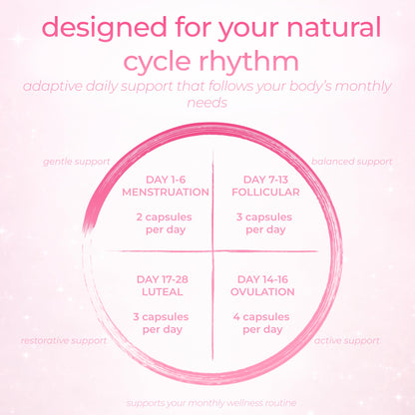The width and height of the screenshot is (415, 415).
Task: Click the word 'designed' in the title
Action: [x=105, y=27]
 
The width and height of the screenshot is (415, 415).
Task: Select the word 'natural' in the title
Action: [x=333, y=27]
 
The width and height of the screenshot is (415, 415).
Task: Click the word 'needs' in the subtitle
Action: [x=207, y=103]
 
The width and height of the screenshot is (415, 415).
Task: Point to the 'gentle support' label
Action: [x=77, y=162]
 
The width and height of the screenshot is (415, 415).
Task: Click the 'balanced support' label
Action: [x=352, y=162]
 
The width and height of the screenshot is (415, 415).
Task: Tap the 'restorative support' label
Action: [x=64, y=341]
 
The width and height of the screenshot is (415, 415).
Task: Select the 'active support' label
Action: [x=347, y=341]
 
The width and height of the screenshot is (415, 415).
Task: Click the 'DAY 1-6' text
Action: [x=166, y=180]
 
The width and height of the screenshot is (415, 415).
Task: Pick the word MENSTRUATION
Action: [x=166, y=192]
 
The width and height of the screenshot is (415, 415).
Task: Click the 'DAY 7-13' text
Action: [x=265, y=180]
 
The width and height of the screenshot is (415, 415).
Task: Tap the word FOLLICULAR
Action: [x=265, y=192]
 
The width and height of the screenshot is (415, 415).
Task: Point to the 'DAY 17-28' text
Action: [x=163, y=279]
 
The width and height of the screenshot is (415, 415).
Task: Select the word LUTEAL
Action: [x=163, y=291]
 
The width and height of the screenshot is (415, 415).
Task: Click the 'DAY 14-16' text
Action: [x=262, y=279]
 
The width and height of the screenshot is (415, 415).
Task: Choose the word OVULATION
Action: [x=262, y=291]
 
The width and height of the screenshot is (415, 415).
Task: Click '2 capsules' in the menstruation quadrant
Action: [x=164, y=217]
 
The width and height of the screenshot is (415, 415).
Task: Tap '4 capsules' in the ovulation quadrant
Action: [x=261, y=317]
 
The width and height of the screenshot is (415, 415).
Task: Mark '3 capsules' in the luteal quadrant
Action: [x=161, y=317]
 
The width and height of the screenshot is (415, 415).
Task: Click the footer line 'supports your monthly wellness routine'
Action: [x=211, y=403]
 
